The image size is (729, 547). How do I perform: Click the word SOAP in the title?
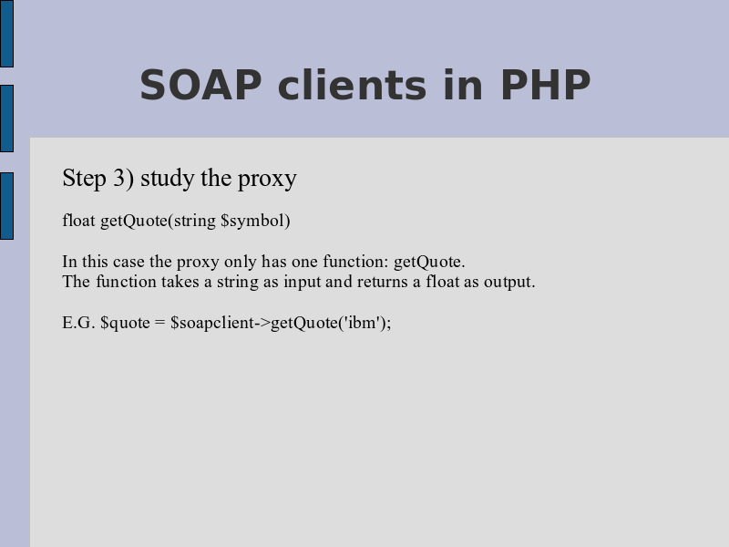tap(200, 85)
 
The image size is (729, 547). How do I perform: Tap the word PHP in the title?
tap(545, 85)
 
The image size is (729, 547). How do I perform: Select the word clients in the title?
tap(352, 85)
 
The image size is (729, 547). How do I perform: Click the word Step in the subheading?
tap(84, 179)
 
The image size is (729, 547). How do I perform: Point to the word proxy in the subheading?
tap(267, 180)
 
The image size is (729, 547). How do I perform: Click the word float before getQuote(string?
tap(78, 220)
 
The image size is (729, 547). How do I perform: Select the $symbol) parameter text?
tap(256, 221)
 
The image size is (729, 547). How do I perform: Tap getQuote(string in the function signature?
tap(158, 221)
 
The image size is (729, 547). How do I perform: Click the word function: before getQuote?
tap(355, 262)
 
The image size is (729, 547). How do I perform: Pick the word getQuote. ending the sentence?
tap(429, 263)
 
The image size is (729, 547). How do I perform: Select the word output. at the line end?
tap(509, 283)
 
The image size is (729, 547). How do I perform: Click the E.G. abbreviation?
tap(78, 323)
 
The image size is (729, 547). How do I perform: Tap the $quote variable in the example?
tap(125, 324)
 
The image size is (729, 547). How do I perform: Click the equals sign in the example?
tap(160, 323)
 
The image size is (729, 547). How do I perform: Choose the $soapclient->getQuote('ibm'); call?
tap(281, 324)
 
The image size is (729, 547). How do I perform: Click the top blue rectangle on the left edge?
tap(6, 34)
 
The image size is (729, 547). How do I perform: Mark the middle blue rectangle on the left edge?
tap(6, 119)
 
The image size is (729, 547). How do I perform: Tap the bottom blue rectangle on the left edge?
tap(6, 206)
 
